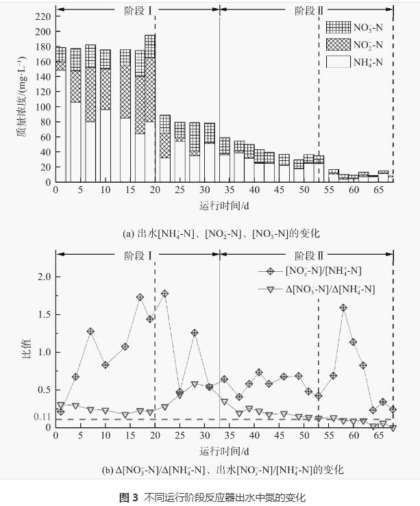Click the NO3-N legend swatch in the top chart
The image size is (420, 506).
[337, 27]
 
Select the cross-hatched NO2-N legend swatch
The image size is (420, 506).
[337, 45]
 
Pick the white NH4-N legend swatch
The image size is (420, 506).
[337, 62]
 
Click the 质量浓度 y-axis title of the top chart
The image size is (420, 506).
[22, 98]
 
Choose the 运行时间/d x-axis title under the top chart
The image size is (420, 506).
[222, 203]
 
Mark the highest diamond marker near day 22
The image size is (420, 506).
[165, 294]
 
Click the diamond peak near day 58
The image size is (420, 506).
[343, 308]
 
